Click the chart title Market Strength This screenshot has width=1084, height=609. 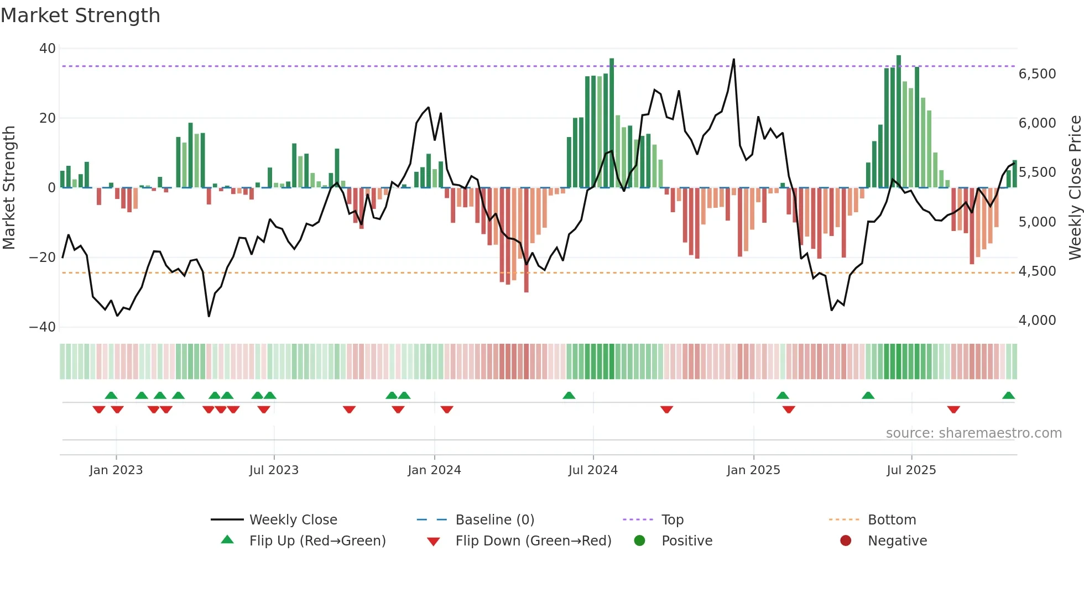(81, 15)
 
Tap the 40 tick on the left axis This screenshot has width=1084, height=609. (48, 49)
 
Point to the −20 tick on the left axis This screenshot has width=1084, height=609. (43, 258)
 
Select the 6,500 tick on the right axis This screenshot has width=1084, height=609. (1037, 74)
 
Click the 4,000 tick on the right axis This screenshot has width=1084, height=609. (1037, 321)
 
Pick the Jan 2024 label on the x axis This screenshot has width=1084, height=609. (434, 470)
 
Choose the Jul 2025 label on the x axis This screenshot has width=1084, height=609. (911, 470)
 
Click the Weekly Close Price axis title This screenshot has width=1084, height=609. (1075, 188)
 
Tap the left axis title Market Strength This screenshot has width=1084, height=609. (9, 188)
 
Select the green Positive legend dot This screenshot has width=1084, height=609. (640, 541)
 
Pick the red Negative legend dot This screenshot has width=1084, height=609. (846, 541)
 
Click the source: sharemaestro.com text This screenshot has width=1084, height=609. (973, 433)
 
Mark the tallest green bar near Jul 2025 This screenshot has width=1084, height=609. (899, 122)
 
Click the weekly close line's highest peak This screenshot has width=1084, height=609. (734, 60)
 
